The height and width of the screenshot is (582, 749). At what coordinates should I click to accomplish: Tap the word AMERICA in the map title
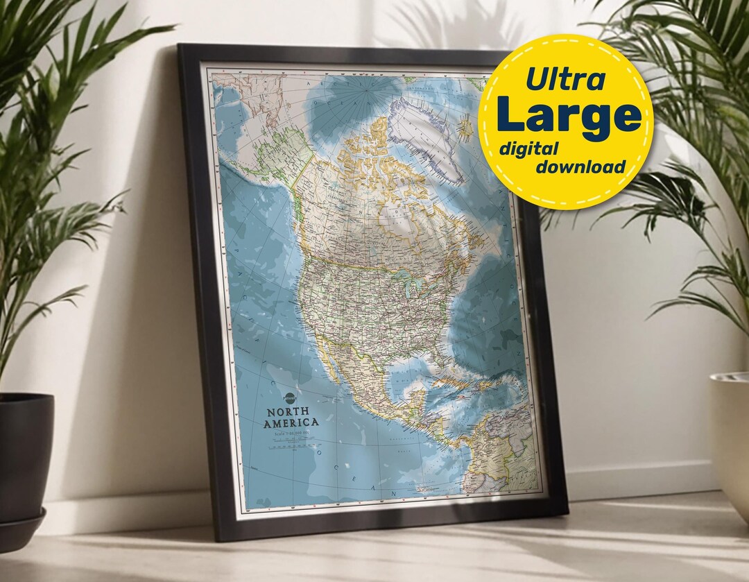[293, 422]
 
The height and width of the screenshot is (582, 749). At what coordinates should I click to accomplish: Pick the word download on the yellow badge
[580, 166]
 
